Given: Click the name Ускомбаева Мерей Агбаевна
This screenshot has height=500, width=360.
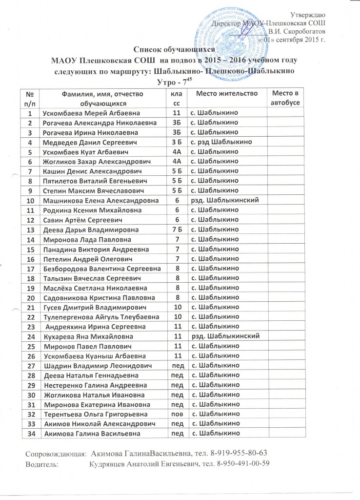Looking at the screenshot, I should pos(86,113).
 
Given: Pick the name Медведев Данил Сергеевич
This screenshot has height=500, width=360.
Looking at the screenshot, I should pos(90,142).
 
